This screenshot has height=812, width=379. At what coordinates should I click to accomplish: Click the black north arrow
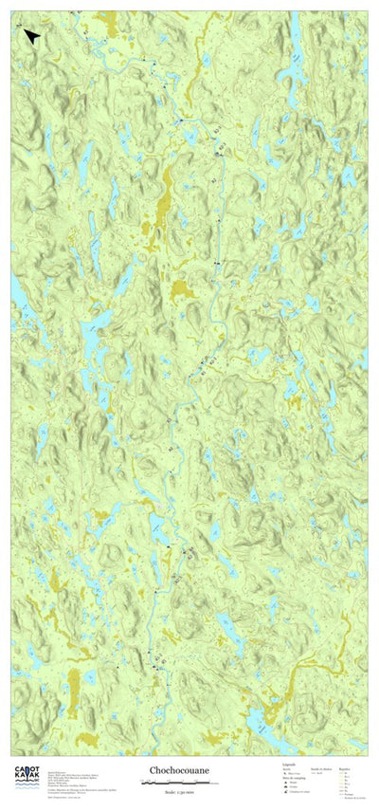tap(31, 36)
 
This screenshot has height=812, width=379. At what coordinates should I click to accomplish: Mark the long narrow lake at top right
tap(295, 47)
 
